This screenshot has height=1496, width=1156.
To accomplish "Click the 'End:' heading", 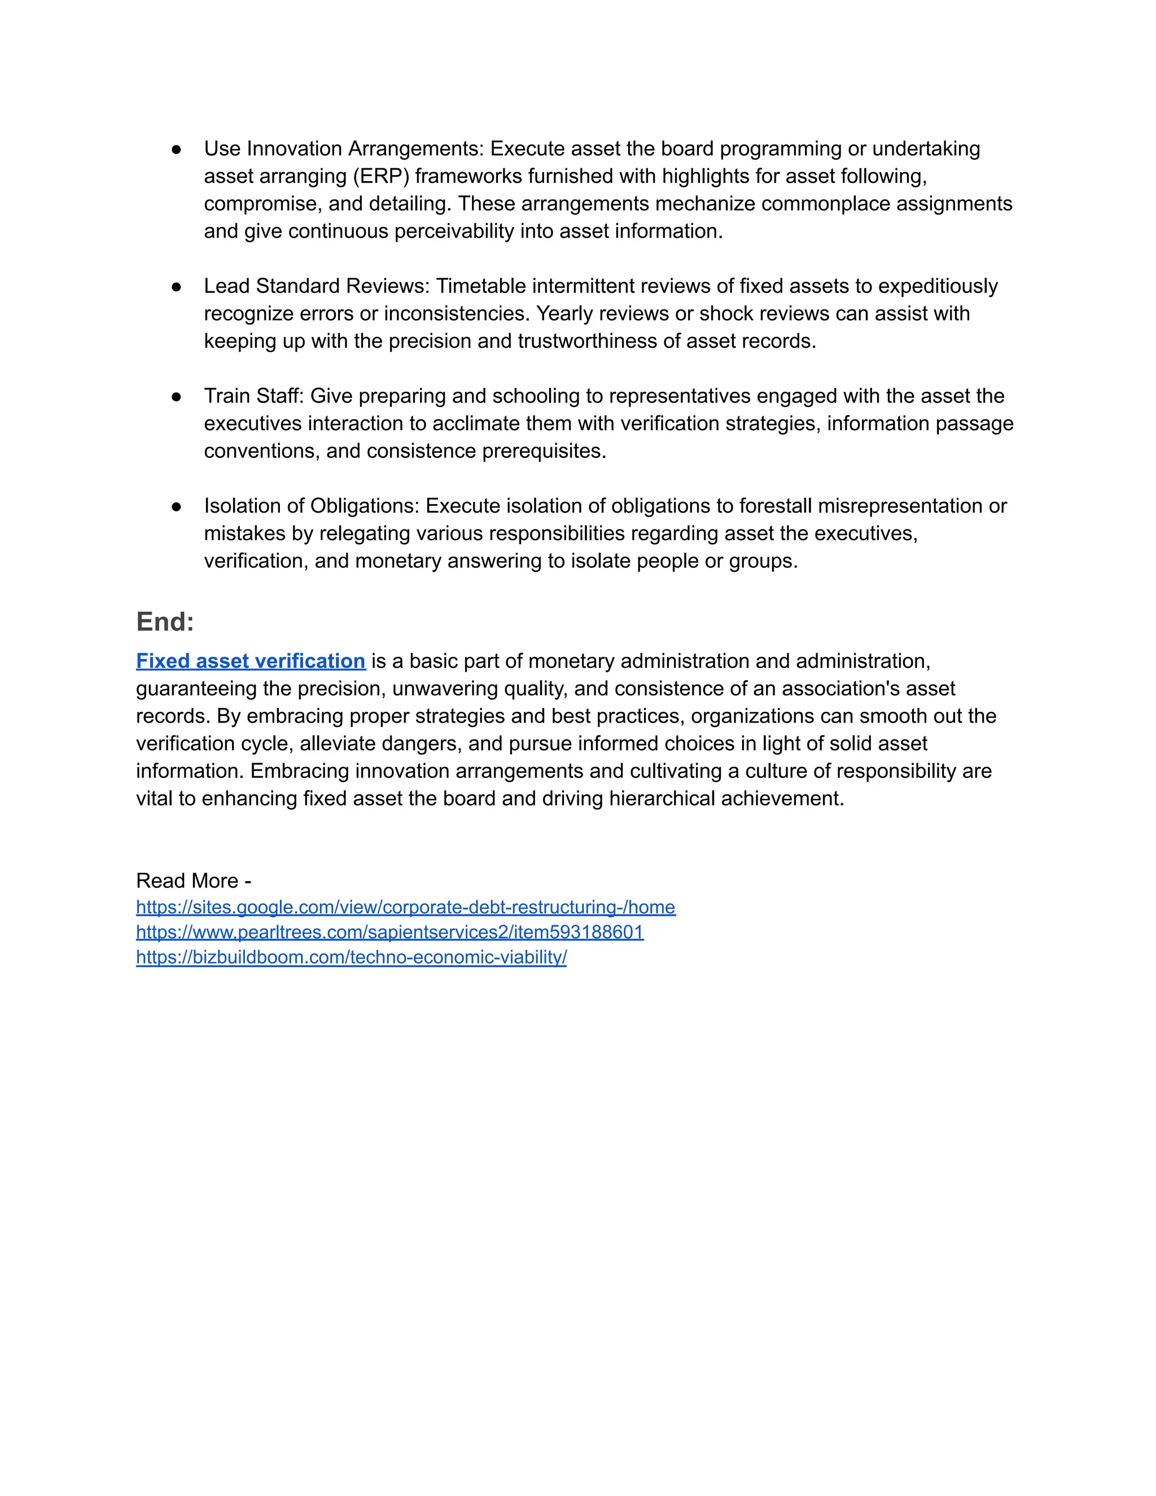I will [165, 622].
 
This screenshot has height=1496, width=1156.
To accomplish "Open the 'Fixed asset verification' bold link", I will [251, 661].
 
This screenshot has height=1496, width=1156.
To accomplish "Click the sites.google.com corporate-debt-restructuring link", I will [405, 907].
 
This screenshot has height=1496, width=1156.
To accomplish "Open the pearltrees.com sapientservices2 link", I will [389, 931].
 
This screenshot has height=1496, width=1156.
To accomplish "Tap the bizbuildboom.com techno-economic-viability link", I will [351, 957].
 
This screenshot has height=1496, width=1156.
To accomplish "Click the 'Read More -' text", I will [193, 880].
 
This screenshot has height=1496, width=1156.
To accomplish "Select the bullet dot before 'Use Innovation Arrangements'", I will [176, 150].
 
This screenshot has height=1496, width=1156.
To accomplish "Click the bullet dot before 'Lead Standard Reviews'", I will [176, 286].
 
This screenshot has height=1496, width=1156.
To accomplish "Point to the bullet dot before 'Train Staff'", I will [176, 397].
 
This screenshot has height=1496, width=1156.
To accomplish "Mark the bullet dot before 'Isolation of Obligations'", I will [176, 506].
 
